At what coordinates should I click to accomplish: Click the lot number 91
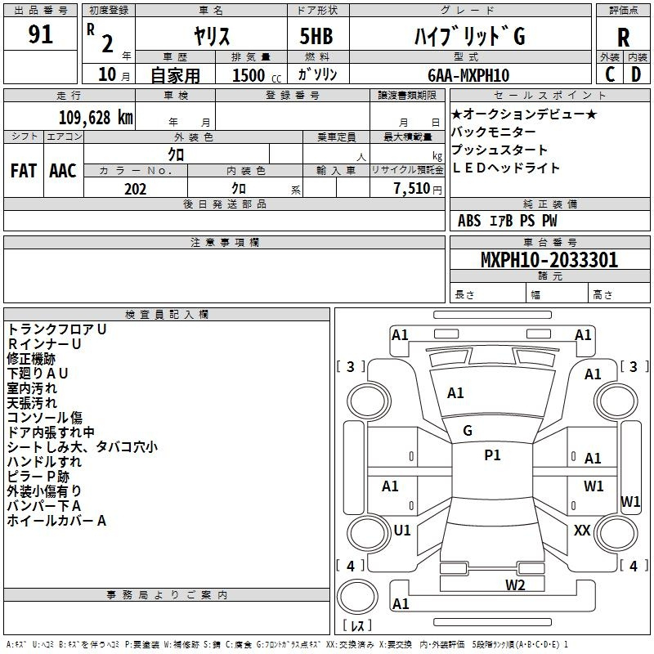click(x=40, y=34)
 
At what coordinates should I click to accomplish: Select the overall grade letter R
click(x=623, y=38)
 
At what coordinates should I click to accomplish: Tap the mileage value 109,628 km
click(x=96, y=117)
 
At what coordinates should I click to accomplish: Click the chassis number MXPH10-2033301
click(x=549, y=259)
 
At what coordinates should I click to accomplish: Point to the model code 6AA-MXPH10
click(x=468, y=75)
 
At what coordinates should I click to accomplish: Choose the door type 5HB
click(x=316, y=36)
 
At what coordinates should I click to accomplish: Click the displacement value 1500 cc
click(x=256, y=75)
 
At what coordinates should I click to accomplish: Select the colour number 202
click(x=135, y=189)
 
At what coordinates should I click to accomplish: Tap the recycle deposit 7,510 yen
click(x=418, y=189)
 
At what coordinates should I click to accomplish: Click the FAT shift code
click(x=24, y=170)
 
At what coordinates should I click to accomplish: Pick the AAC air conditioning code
click(x=63, y=170)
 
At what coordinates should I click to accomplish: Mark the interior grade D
click(x=636, y=74)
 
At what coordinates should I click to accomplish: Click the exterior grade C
click(x=610, y=74)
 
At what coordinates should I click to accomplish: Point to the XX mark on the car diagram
click(x=582, y=530)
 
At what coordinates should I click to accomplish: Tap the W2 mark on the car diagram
click(x=515, y=585)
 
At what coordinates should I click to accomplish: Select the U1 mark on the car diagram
click(x=402, y=530)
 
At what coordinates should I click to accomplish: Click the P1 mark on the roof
click(x=492, y=455)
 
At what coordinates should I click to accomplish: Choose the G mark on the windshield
click(x=468, y=430)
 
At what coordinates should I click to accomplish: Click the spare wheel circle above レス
click(x=357, y=597)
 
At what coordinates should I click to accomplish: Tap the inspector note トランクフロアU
click(x=56, y=329)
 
